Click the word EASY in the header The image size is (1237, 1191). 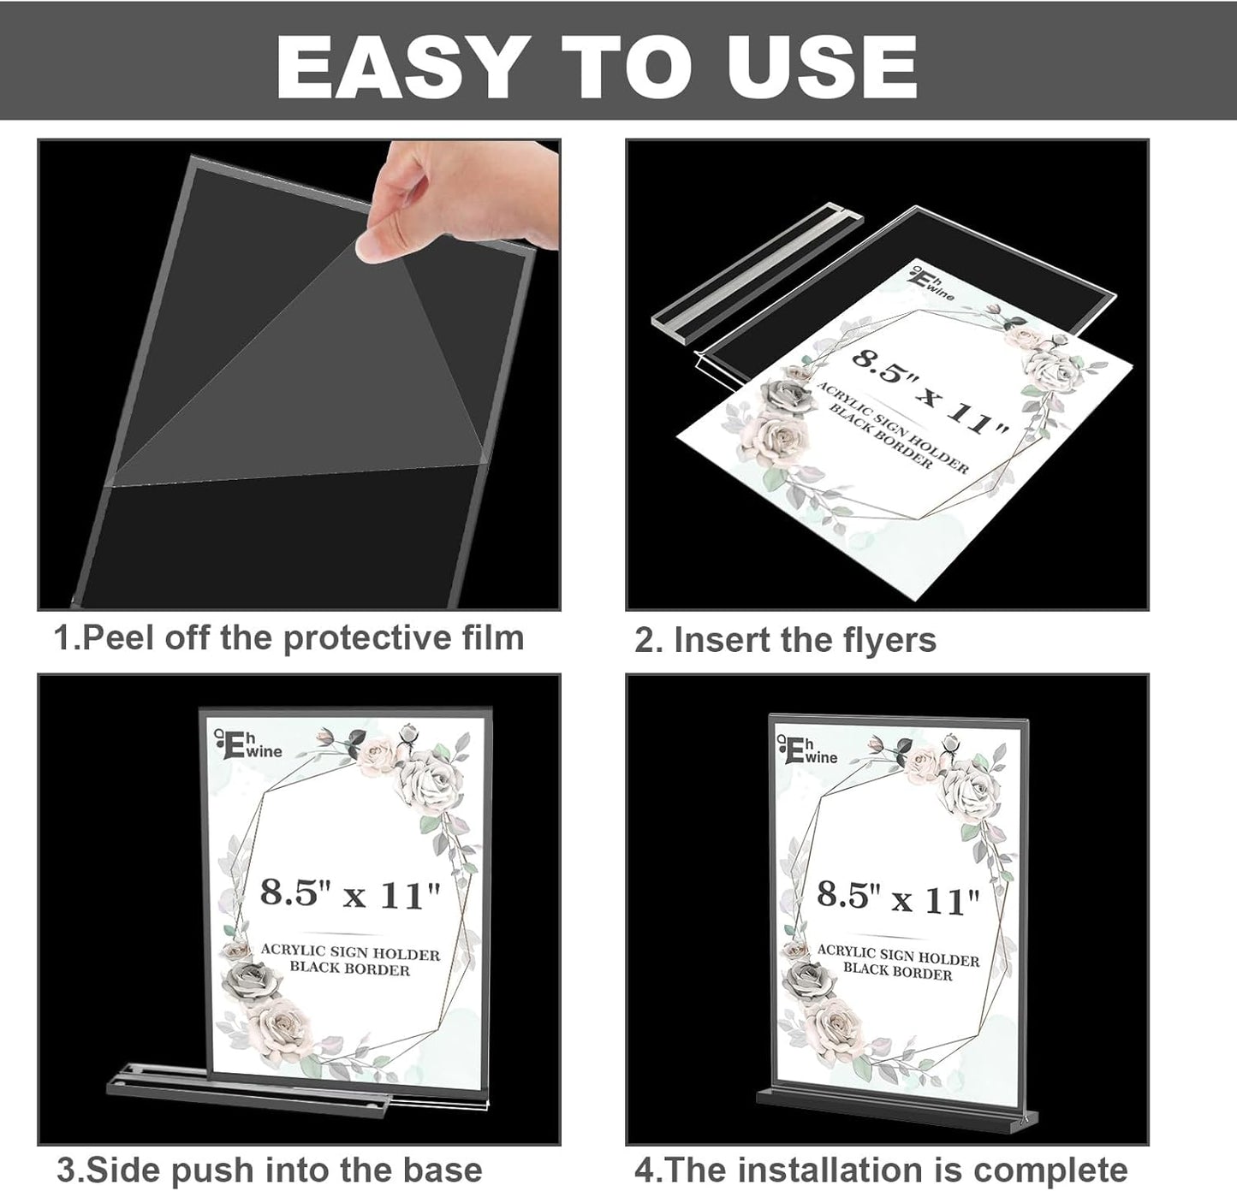tap(397, 66)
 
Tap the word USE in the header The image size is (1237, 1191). tap(823, 66)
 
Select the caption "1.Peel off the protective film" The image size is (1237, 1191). tap(288, 638)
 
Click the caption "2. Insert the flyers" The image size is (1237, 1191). tap(785, 640)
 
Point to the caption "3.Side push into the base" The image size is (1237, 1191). tap(269, 1169)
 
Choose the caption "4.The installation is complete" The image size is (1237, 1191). tap(881, 1169)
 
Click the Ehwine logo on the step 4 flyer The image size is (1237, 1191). tap(808, 750)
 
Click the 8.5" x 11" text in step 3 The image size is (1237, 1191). tap(350, 894)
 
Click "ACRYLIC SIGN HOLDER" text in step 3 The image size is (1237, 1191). tap(350, 952)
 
